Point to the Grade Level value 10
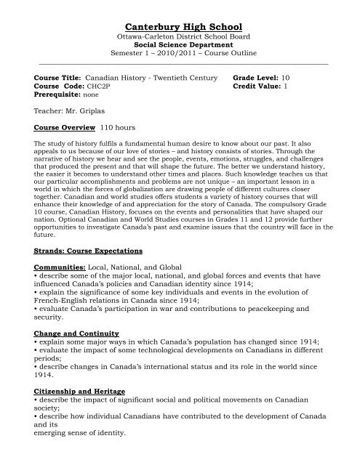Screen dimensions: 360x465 [285, 75]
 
